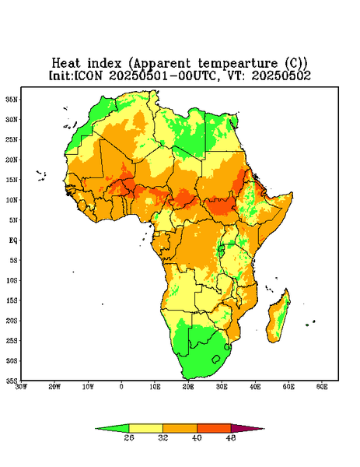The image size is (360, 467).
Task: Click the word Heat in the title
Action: coord(66,64)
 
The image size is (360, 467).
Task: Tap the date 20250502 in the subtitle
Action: coord(281,75)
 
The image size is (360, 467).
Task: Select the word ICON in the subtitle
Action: coord(88,75)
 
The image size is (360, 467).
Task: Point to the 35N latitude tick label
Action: coord(12,99)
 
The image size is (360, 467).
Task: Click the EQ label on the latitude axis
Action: coord(13,240)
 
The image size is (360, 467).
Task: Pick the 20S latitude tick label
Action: coord(12,321)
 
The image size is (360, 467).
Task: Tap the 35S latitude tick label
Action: coord(12,381)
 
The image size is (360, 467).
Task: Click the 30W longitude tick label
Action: coord(21,387)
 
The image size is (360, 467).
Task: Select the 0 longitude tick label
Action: coord(121,387)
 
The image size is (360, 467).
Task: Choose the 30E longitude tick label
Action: coord(222,387)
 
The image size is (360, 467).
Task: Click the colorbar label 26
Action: coord(129,437)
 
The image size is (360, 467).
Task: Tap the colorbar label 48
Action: coord(231,437)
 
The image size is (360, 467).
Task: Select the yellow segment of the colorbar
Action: coord(145,428)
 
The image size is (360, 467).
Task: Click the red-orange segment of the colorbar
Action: coord(214,428)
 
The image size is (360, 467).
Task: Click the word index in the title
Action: coord(104,64)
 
